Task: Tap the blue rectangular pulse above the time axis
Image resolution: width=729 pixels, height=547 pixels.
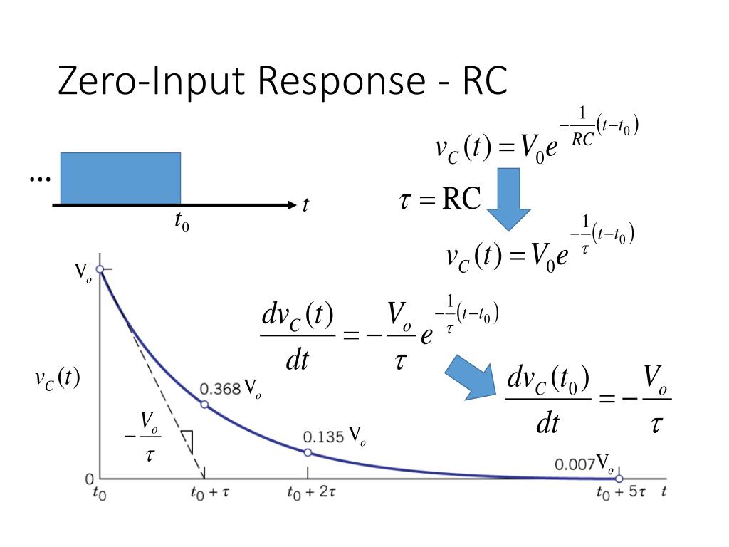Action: point(120,178)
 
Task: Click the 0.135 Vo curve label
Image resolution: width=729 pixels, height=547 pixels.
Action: point(334,437)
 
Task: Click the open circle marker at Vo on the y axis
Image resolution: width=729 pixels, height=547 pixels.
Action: point(100,269)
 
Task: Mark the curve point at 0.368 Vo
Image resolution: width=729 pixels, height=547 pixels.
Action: point(204,405)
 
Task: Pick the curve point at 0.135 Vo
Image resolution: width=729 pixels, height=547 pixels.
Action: point(308,452)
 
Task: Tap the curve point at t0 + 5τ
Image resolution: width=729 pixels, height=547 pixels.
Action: point(619,479)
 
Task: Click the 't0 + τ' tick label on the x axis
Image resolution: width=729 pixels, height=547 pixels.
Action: point(209,494)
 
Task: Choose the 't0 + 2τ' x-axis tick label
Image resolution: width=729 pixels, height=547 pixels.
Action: point(312,494)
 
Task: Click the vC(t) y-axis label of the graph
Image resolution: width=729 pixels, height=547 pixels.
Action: point(57,378)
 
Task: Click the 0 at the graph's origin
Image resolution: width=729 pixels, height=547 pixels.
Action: point(90,479)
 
